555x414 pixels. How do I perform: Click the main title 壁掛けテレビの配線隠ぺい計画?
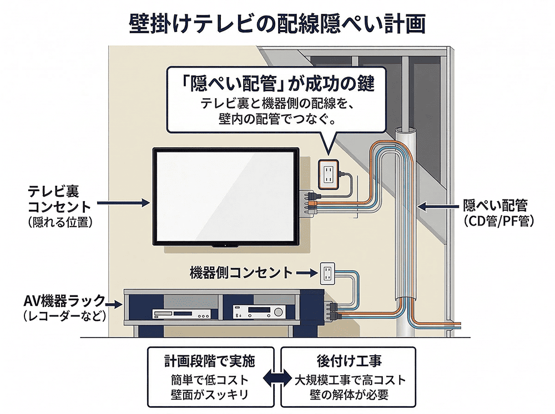tap(277, 23)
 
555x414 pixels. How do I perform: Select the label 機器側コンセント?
tap(241, 273)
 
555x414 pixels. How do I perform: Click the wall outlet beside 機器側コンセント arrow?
tap(326, 273)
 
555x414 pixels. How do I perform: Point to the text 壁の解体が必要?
tap(349, 396)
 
